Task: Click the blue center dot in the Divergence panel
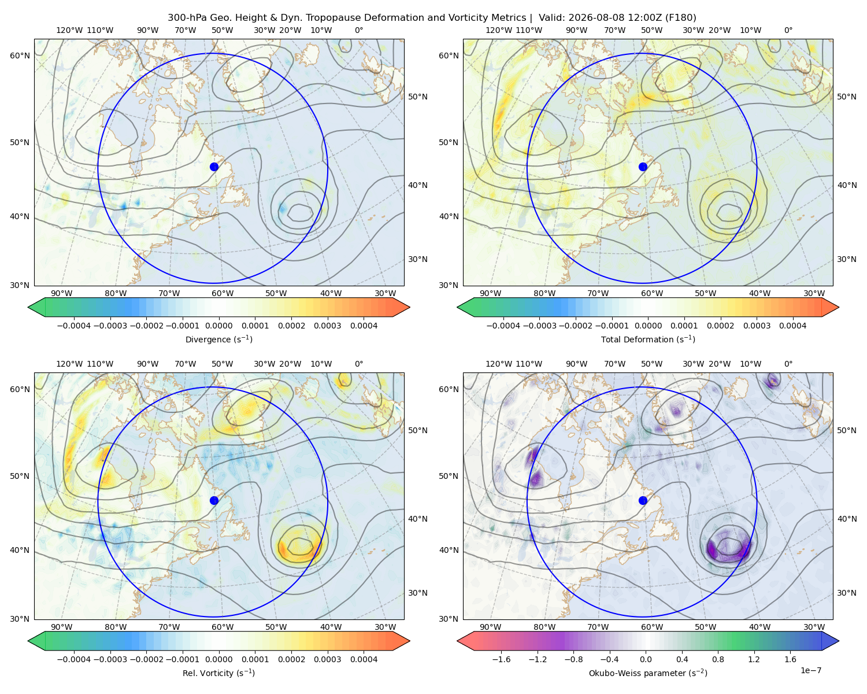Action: [214, 167]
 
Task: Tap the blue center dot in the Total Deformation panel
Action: [643, 167]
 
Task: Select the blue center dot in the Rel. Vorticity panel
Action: [214, 500]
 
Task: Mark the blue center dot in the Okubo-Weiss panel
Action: [643, 500]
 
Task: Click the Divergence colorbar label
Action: [218, 339]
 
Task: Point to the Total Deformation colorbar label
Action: [648, 339]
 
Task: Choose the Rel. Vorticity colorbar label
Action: [218, 673]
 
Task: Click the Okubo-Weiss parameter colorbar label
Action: [648, 673]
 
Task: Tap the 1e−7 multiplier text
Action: [810, 670]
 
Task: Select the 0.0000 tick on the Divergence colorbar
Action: [218, 326]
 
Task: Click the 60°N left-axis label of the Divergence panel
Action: [20, 56]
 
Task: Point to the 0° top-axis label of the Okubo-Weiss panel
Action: [788, 363]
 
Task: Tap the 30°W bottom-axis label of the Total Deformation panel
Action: [814, 293]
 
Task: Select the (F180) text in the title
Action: [681, 17]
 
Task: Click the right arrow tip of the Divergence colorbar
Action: [409, 307]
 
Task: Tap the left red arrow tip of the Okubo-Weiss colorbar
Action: [457, 641]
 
